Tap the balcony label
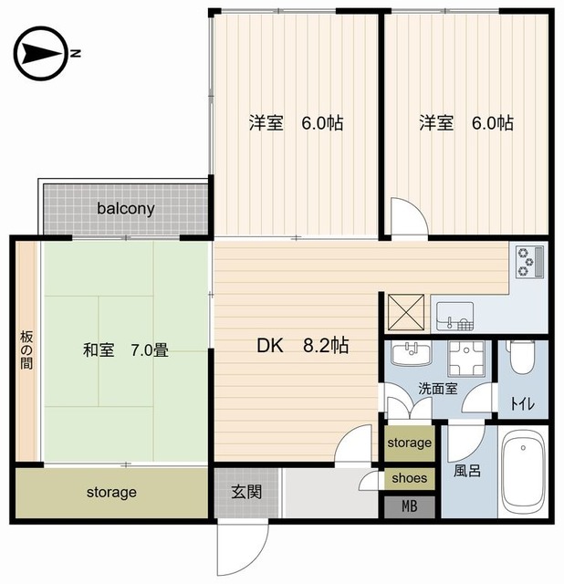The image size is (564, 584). (126, 209)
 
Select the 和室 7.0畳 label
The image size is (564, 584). (126, 350)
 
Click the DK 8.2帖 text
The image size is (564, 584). (303, 346)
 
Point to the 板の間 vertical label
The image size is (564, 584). (26, 350)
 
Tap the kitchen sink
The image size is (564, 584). (454, 317)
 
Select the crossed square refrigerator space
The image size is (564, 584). (406, 312)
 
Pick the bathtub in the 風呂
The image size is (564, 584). (524, 472)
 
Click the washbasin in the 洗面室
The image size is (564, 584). (412, 354)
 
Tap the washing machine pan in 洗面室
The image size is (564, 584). (466, 359)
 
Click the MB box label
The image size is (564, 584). (410, 506)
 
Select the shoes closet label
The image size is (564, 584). (410, 478)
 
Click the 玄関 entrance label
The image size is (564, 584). (246, 493)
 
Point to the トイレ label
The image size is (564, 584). (523, 403)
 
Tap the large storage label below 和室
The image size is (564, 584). (111, 493)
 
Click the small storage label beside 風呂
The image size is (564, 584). (410, 443)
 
